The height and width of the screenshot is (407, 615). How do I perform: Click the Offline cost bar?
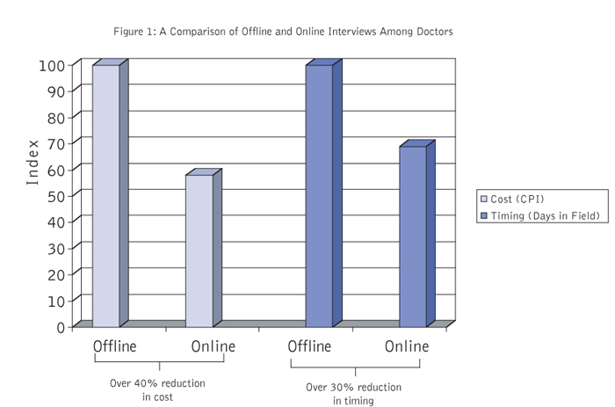[x=110, y=193]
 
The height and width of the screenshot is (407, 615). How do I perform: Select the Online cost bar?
[x=204, y=248]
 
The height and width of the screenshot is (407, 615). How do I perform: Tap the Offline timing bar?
[x=323, y=193]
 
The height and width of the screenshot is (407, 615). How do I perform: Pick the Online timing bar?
[x=417, y=234]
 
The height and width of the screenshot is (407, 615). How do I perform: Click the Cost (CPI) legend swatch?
[x=484, y=199]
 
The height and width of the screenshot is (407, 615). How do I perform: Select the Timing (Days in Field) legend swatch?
[x=484, y=216]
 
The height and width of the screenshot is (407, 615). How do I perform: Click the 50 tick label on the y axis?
[x=56, y=197]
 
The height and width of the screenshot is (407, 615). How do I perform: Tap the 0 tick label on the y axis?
[x=61, y=327]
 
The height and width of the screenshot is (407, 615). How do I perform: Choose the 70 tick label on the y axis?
[x=56, y=144]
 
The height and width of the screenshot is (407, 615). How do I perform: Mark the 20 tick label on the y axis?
[x=56, y=275]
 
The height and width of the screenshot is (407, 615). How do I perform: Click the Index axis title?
[x=33, y=163]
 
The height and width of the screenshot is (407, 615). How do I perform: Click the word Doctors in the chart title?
[x=435, y=32]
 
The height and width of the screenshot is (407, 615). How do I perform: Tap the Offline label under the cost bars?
[x=114, y=346]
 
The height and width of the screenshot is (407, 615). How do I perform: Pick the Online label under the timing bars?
[x=407, y=346]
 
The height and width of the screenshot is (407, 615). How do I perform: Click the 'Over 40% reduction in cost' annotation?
[x=157, y=389]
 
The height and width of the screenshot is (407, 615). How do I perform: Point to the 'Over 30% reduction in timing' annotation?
[x=353, y=394]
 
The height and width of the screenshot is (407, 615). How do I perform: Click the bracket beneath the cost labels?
[x=159, y=362]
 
